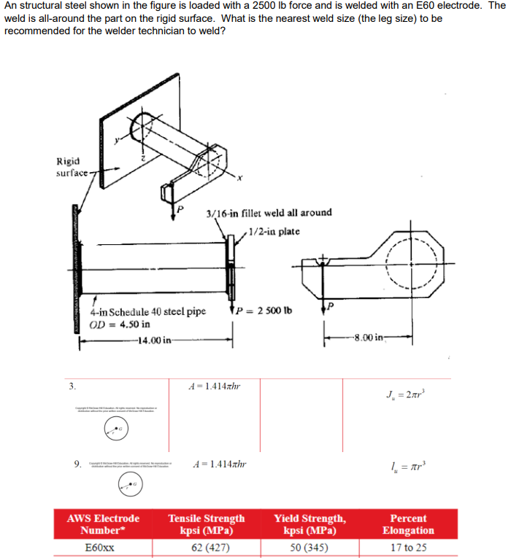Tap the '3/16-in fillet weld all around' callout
(269, 212)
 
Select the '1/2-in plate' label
(274, 232)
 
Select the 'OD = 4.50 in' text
(120, 324)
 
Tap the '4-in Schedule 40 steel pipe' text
(147, 311)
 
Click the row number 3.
(72, 385)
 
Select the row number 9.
(77, 462)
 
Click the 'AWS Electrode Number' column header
(103, 524)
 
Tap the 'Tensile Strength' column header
(207, 524)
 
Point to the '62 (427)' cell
(207, 547)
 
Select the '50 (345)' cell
(309, 547)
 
